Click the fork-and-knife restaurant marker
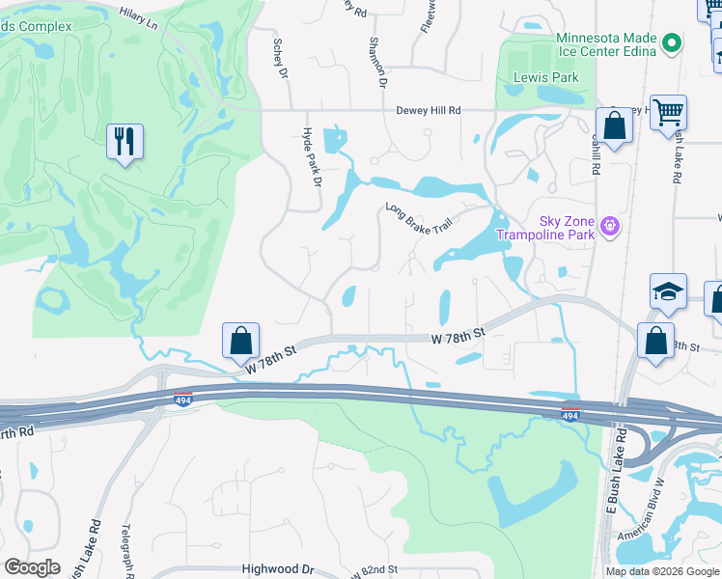125,142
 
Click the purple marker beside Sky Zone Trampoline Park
609,227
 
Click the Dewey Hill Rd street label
429,111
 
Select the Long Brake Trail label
418,217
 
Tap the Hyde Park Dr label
311,154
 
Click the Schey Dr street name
280,59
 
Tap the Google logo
32,567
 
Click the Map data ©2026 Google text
661,571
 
